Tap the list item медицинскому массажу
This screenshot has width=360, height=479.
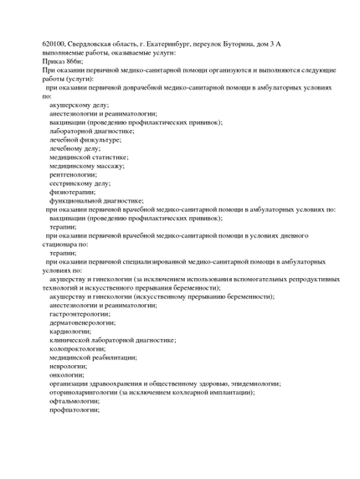coord(87,166)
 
